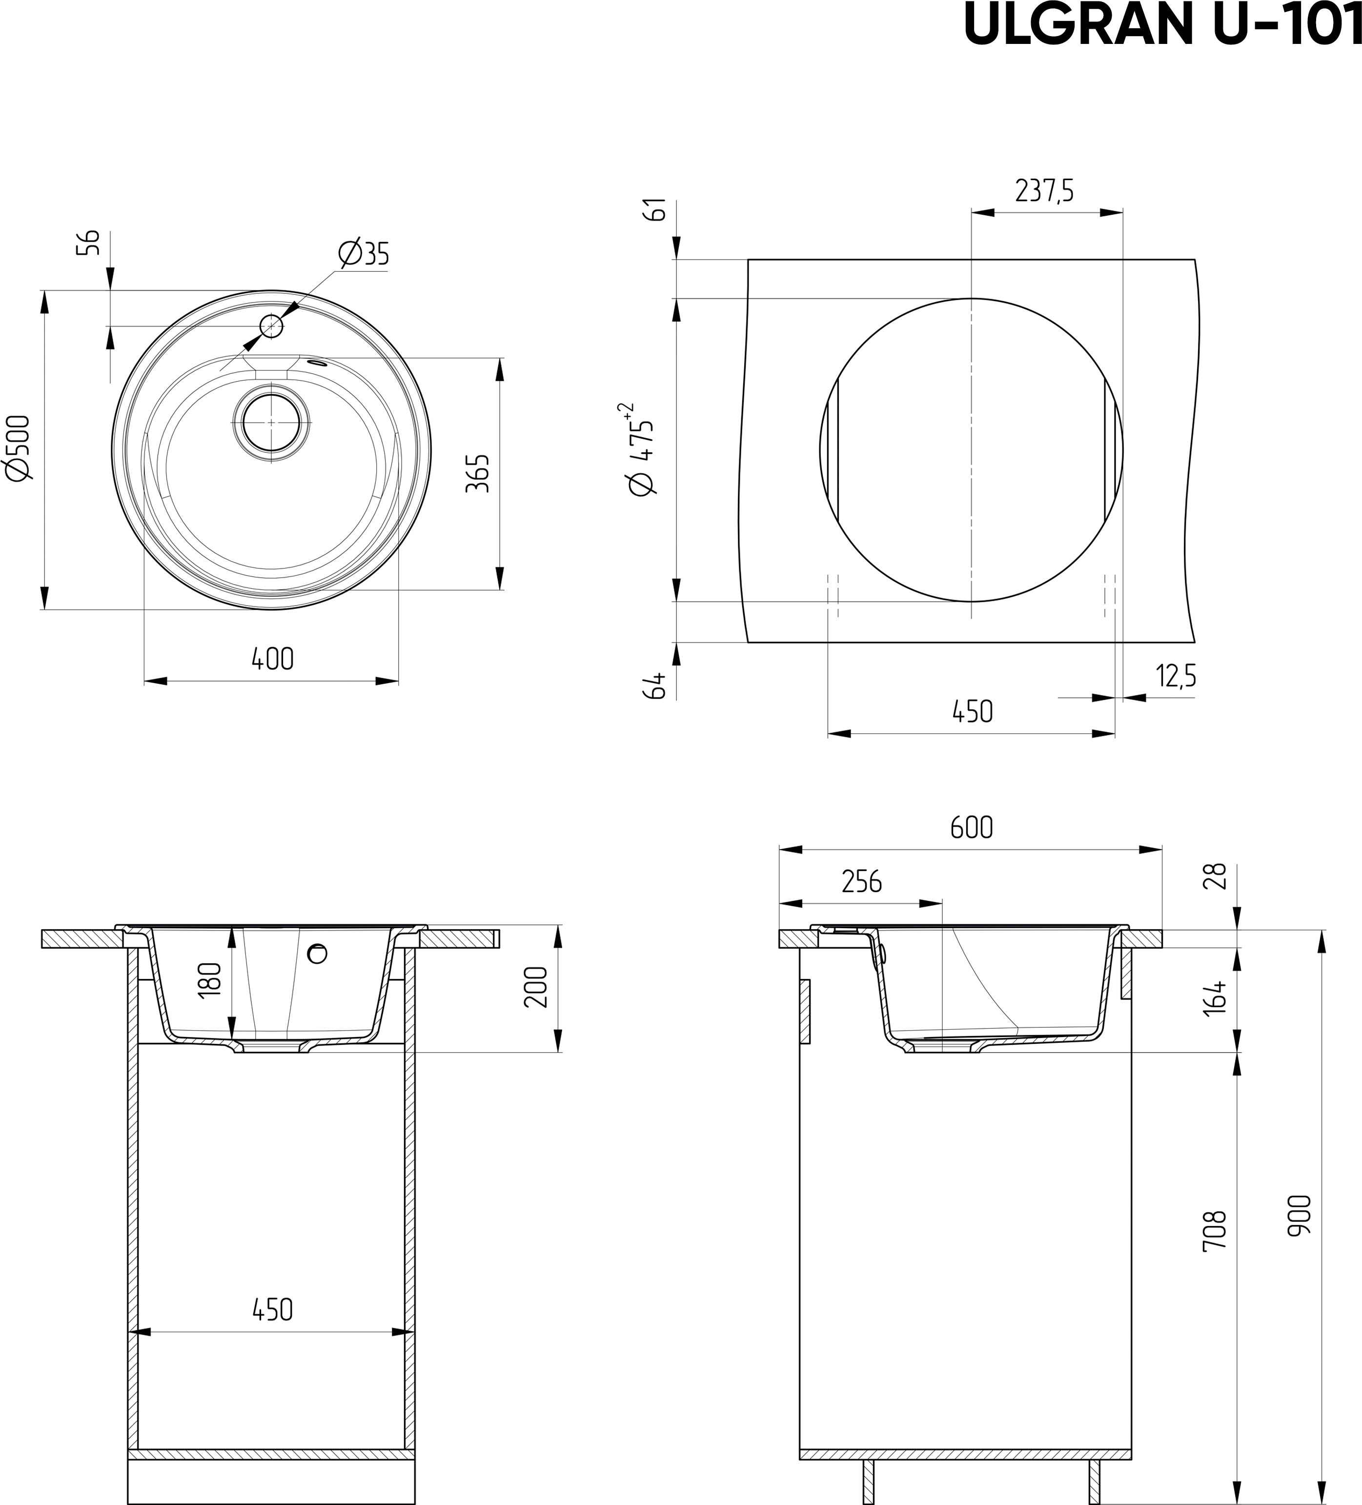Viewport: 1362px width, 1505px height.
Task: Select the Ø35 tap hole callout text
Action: coord(364,254)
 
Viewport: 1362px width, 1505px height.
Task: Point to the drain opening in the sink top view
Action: coord(270,422)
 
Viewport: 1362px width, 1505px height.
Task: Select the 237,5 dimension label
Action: coord(1044,191)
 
